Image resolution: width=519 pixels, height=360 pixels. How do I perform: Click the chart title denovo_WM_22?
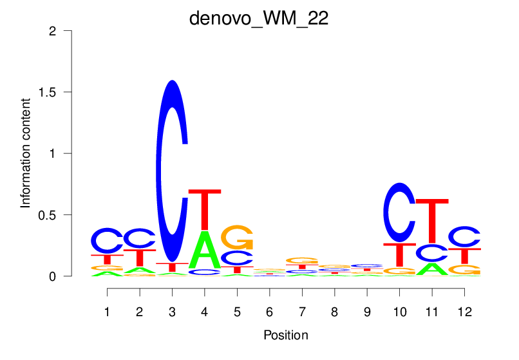point(259,18)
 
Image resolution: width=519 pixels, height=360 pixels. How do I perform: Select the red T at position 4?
point(205,209)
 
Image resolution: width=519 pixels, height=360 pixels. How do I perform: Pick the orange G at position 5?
point(238,238)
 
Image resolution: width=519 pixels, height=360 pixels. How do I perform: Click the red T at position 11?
point(431,222)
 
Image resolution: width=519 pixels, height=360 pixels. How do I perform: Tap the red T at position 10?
point(400,255)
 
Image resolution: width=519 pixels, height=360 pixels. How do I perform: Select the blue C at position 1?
point(107,241)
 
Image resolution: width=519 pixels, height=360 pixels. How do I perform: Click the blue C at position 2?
point(140,238)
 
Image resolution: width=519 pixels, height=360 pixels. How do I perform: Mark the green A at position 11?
point(431,269)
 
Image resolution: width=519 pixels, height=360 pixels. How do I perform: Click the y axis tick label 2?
point(59,31)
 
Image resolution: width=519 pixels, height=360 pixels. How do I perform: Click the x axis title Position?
point(285,336)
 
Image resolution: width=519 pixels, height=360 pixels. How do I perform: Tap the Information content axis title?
point(26,153)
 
